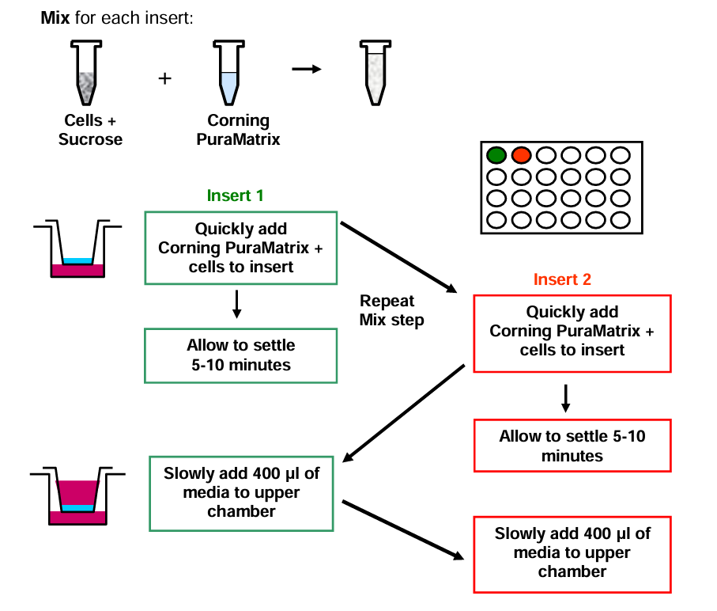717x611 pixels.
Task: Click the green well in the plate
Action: click(x=496, y=156)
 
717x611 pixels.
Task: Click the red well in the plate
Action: click(x=521, y=156)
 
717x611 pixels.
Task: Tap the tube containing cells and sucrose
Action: click(x=86, y=73)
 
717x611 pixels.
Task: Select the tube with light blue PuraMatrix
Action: click(x=228, y=73)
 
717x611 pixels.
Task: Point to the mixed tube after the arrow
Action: click(x=375, y=73)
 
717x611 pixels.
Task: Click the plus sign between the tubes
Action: click(x=164, y=78)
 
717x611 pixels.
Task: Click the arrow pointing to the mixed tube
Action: click(x=307, y=69)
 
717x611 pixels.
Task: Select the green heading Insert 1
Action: click(x=235, y=195)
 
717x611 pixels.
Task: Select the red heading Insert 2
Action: click(x=562, y=279)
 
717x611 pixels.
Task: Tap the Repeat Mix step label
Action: click(x=392, y=310)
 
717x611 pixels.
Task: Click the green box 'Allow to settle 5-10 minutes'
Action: click(x=241, y=355)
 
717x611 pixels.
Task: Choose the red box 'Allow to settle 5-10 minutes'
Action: click(x=572, y=446)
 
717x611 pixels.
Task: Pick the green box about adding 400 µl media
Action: click(x=241, y=493)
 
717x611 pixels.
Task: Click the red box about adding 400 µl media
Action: click(x=572, y=554)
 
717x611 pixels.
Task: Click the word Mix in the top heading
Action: click(x=55, y=18)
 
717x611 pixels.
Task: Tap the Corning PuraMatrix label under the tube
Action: click(x=238, y=130)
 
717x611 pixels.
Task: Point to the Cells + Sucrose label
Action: click(x=91, y=130)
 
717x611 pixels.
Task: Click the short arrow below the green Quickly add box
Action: click(x=237, y=304)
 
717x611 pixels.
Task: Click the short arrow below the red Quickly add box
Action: click(x=566, y=399)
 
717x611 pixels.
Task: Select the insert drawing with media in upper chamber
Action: click(x=77, y=496)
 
